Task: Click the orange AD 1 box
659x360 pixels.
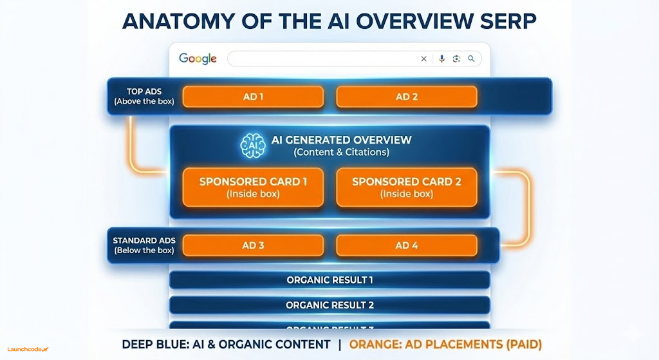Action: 253,97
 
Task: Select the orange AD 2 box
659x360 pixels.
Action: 407,97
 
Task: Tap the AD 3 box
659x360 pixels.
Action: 253,245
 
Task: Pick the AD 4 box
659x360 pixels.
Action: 407,245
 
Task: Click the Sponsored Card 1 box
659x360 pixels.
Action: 253,187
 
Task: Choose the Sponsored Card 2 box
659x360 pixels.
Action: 407,187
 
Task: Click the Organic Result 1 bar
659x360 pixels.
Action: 329,280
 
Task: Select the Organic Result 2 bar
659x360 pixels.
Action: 329,305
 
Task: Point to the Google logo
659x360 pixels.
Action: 198,59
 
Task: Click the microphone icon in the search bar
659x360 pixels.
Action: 441,59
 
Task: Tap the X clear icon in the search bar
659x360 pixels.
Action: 423,59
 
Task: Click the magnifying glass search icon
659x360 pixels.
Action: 471,59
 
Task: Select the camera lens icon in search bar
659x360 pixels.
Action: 456,59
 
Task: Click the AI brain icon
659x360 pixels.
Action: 252,146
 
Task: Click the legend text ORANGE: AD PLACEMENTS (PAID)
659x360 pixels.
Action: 445,345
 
